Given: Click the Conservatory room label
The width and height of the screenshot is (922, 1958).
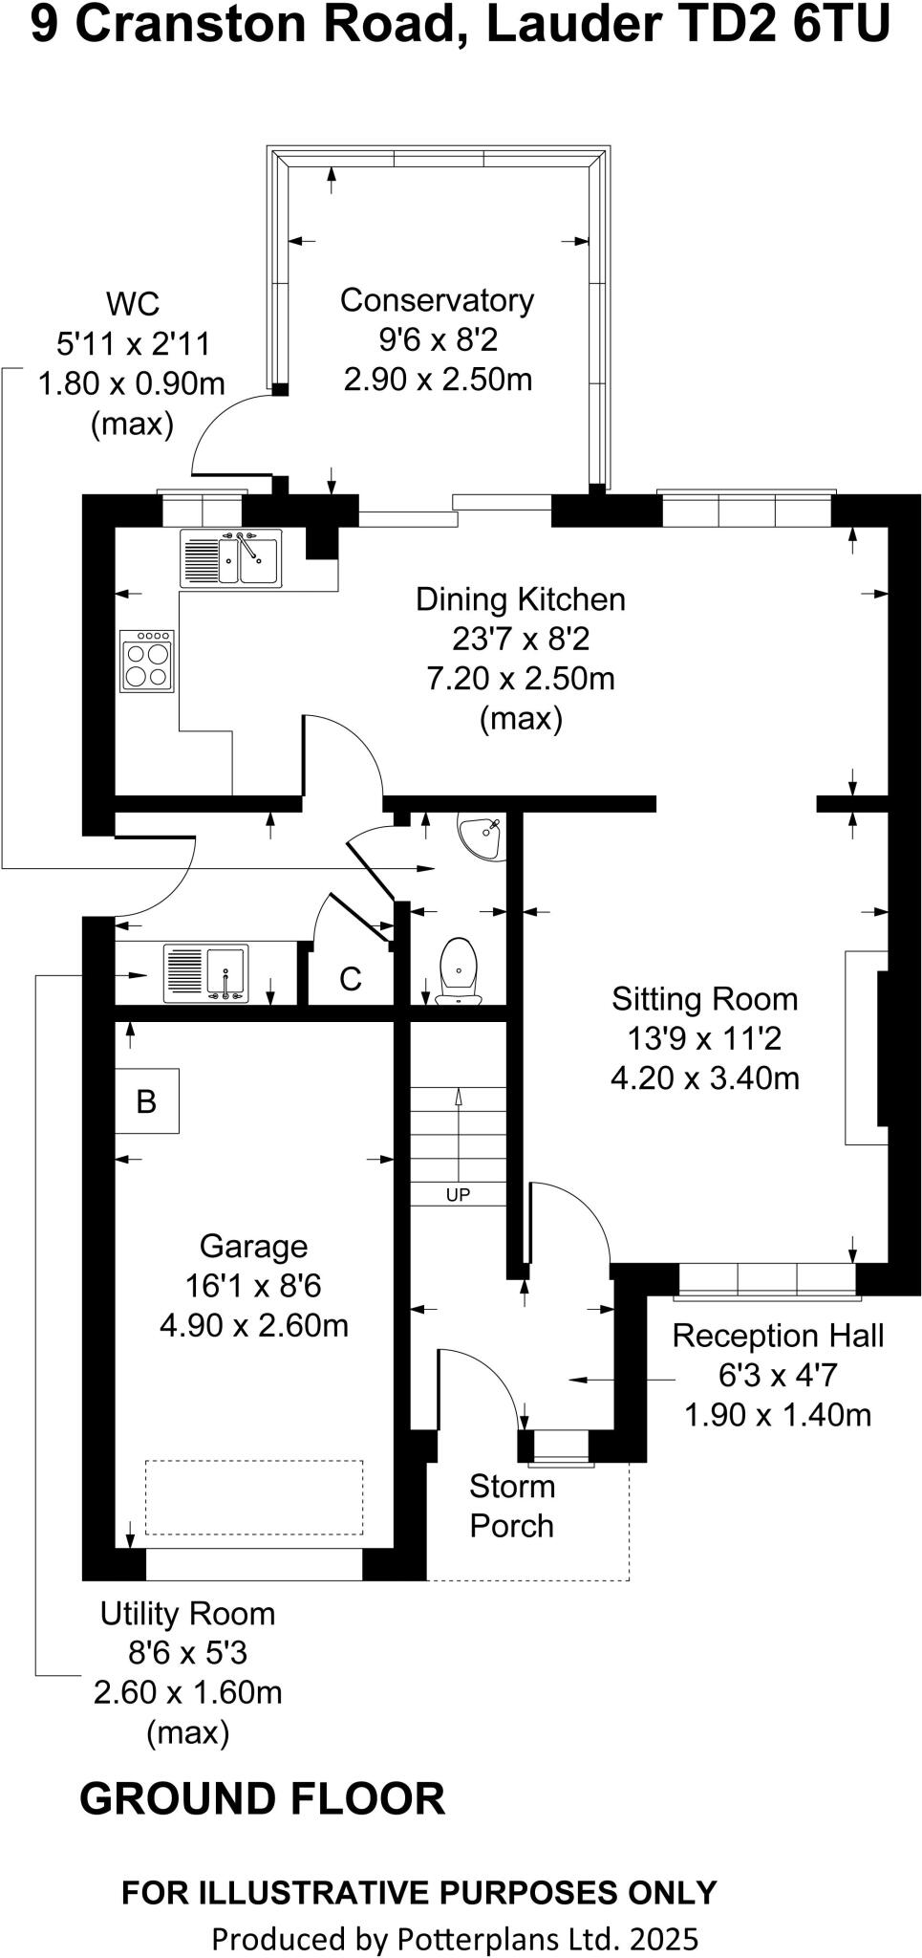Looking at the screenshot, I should (437, 300).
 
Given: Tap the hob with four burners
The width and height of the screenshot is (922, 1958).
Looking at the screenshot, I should (147, 661).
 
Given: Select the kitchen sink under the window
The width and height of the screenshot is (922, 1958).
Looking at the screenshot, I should (230, 558).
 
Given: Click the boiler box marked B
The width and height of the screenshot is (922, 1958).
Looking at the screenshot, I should (146, 1101).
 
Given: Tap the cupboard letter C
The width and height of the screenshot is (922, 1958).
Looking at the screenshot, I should (351, 979).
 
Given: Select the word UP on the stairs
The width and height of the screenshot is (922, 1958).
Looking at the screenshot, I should (458, 1194).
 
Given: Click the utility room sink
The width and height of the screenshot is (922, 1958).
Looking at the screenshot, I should (205, 973).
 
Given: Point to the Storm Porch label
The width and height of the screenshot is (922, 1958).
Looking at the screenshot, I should (511, 1506).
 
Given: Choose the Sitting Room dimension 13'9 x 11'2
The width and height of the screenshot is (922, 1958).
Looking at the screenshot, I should (704, 1038).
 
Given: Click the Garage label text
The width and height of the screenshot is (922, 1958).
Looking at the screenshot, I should (253, 1246).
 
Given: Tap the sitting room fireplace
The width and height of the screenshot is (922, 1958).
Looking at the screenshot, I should (867, 1047).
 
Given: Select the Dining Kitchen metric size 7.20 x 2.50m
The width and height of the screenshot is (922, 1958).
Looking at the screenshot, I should (520, 679).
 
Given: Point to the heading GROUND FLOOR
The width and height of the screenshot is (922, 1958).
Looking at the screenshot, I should (262, 1798).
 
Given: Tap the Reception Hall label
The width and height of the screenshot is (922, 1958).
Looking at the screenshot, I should (778, 1336).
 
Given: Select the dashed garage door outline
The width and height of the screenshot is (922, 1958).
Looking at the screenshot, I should (253, 1497).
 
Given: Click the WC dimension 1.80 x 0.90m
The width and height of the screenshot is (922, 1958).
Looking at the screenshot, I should (132, 384).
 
